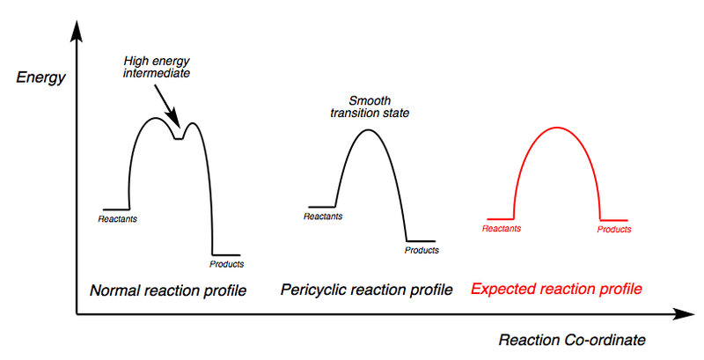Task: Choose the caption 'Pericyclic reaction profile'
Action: [366, 290]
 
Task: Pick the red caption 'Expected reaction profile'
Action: [556, 289]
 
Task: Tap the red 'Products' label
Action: [614, 229]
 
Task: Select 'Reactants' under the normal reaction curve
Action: [118, 218]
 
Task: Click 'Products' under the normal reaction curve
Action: [227, 264]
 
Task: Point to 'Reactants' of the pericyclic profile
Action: [322, 216]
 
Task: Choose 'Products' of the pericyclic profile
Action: [422, 250]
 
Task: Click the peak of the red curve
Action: [556, 128]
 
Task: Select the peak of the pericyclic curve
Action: [370, 130]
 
